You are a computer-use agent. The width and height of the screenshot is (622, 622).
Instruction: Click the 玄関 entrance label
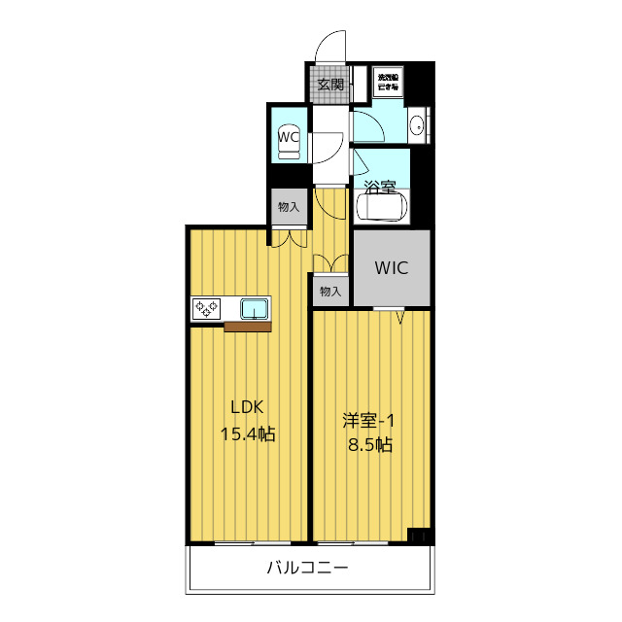click(x=329, y=85)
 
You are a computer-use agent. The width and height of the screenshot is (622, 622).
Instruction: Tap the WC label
click(x=288, y=137)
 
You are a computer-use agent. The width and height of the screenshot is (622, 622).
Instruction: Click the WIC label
click(x=391, y=266)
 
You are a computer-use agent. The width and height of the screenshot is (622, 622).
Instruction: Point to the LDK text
click(x=247, y=407)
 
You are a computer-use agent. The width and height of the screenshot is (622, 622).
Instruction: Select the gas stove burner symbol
click(x=206, y=309)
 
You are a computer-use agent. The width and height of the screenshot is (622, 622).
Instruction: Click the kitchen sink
click(x=256, y=309)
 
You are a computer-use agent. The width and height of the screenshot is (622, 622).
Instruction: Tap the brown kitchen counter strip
click(x=247, y=327)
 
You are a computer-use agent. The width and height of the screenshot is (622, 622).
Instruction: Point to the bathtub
click(x=385, y=207)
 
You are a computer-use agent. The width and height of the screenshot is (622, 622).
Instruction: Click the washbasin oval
click(x=418, y=125)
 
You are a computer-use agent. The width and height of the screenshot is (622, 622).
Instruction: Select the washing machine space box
click(x=389, y=82)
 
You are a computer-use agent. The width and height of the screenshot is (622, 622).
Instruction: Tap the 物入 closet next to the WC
click(x=289, y=207)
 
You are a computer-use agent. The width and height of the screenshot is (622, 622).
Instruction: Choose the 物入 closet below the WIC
click(x=330, y=291)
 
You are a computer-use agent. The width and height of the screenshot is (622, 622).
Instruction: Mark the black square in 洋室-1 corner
click(x=420, y=535)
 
